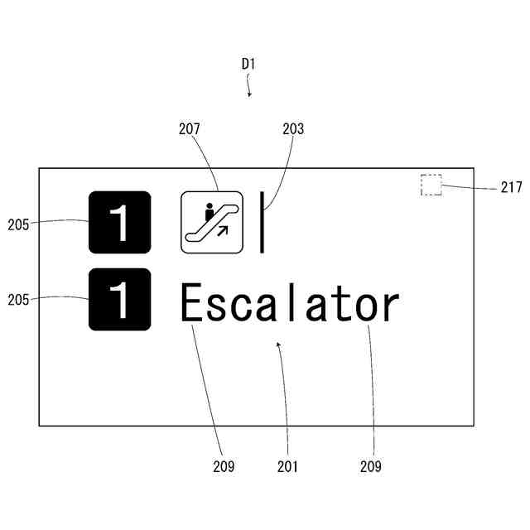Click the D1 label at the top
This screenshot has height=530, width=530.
pos(248,63)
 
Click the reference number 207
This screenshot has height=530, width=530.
pos(190,129)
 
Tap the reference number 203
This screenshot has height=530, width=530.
pos(293,129)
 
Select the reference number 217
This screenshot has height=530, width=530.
pos(511,188)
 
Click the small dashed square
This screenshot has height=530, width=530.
pos(431,185)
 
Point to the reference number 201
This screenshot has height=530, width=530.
pos(287,467)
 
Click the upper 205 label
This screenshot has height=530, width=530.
pos(19,224)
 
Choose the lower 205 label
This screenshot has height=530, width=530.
pos(19,301)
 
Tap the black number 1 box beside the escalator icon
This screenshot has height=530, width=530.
pos(120,222)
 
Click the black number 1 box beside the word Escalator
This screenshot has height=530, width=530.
pos(120,300)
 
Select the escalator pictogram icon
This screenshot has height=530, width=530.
pos(212,222)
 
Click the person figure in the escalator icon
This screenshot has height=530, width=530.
pos(209,212)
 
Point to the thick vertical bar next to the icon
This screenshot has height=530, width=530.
pos(262,222)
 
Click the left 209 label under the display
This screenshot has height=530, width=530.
pos(223,467)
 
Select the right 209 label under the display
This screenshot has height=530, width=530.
pos(371,467)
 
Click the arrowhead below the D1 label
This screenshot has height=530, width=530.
pos(249,94)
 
